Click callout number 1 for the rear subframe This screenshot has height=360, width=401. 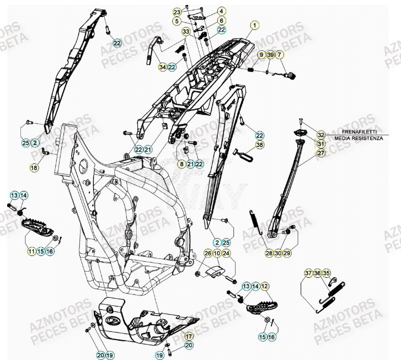(254, 25)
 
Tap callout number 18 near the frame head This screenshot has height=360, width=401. (34, 167)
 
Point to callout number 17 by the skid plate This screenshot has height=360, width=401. (189, 336)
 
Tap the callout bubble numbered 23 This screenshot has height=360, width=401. (177, 12)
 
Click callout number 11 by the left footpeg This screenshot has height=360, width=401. (31, 252)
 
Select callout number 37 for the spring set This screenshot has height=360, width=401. (308, 273)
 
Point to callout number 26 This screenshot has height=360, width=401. (208, 253)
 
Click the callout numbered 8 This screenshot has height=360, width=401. (181, 164)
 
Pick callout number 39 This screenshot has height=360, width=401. (270, 55)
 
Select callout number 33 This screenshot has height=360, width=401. (186, 32)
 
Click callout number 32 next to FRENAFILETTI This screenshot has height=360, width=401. (321, 135)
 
